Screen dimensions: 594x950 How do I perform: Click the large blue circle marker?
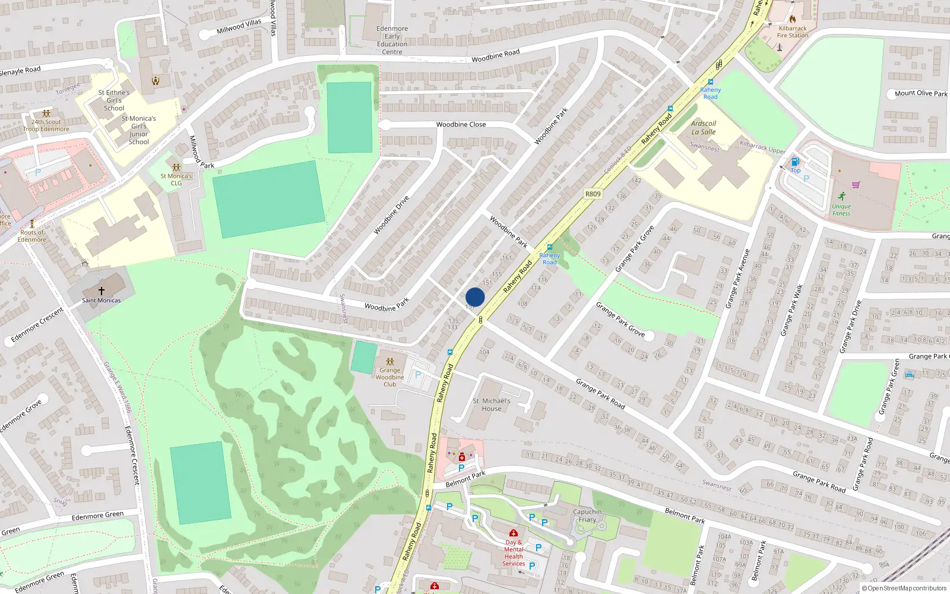click(475, 297)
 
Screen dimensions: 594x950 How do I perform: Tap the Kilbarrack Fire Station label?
click(793, 32)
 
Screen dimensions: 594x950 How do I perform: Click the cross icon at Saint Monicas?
click(102, 291)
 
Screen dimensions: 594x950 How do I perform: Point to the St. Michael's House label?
click(491, 405)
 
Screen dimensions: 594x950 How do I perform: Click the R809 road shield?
click(593, 194)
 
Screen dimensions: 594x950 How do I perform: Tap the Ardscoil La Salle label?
click(704, 128)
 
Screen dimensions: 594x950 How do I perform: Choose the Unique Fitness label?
click(841, 210)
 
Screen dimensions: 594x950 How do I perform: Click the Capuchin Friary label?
click(587, 516)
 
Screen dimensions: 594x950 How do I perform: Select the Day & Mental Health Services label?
click(514, 553)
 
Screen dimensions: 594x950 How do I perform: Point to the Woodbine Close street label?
click(461, 125)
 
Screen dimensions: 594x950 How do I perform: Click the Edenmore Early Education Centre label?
click(392, 40)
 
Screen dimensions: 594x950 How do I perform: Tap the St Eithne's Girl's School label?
click(114, 100)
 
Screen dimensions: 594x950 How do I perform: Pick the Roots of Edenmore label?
click(32, 236)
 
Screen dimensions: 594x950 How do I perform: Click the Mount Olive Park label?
click(920, 93)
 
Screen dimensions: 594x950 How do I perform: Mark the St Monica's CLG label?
click(176, 179)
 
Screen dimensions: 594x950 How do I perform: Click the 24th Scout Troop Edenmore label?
click(46, 125)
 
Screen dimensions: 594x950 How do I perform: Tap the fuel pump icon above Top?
click(796, 162)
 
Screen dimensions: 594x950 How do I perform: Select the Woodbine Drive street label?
click(391, 215)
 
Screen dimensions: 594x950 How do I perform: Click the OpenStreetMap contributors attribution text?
click(904, 589)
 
